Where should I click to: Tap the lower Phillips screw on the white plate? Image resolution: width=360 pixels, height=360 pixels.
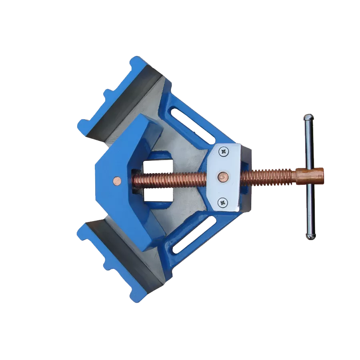222,203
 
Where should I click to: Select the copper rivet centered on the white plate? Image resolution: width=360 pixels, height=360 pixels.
223,176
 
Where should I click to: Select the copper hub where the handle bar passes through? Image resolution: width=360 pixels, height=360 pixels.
310,176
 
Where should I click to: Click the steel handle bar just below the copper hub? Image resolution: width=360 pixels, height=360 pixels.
310,204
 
